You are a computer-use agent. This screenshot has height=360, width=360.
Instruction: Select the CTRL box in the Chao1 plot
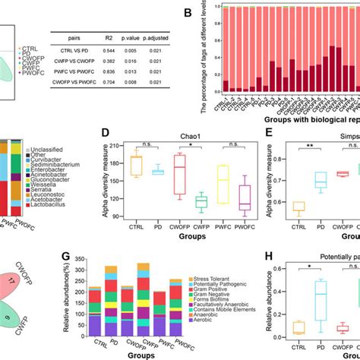pyautogui.click(x=137, y=166)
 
